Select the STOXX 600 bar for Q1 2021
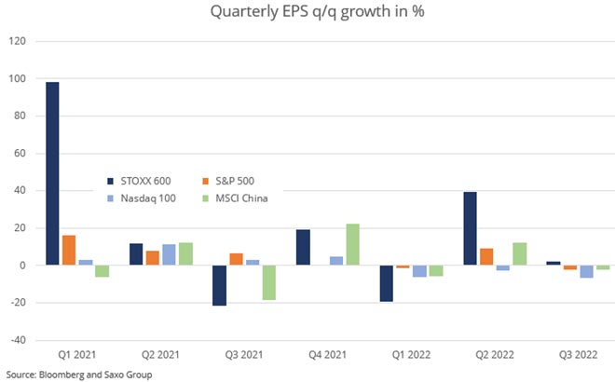tap(52, 173)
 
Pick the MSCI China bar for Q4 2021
tap(352, 244)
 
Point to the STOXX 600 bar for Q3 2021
tap(219, 285)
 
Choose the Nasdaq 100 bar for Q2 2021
tap(168, 254)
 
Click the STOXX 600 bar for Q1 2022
tap(387, 283)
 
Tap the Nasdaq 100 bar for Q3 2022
tap(587, 271)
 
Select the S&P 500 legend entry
tap(235, 181)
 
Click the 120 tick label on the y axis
tap(17, 41)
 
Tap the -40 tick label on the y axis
tap(17, 340)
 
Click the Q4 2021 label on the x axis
tap(327, 355)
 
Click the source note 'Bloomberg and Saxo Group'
tap(67, 374)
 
